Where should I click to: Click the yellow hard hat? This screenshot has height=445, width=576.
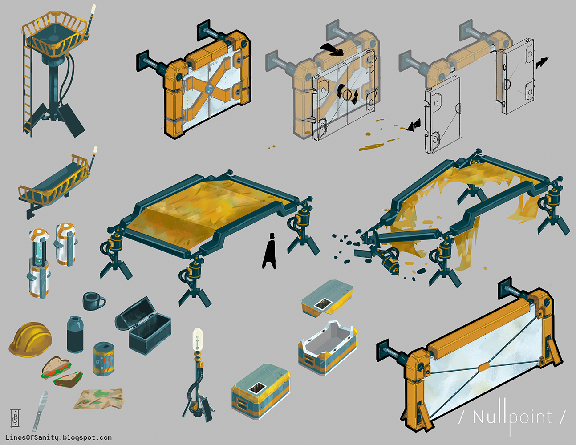[30, 340]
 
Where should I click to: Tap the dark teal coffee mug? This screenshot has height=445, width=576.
[93, 301]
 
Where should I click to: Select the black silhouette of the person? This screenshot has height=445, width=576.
[270, 251]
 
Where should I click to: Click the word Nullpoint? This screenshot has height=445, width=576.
[512, 418]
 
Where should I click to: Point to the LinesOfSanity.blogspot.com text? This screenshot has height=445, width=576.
[59, 437]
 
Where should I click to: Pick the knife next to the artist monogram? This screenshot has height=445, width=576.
[40, 411]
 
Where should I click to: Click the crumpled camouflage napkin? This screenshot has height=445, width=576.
[99, 399]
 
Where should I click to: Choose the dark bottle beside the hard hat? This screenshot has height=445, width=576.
[75, 334]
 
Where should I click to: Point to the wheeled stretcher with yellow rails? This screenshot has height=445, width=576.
[56, 183]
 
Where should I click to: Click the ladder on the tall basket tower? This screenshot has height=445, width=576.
[28, 87]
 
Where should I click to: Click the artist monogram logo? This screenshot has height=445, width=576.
[15, 418]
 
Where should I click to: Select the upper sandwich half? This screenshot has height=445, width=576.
[57, 368]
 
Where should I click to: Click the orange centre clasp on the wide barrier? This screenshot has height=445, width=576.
[484, 367]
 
